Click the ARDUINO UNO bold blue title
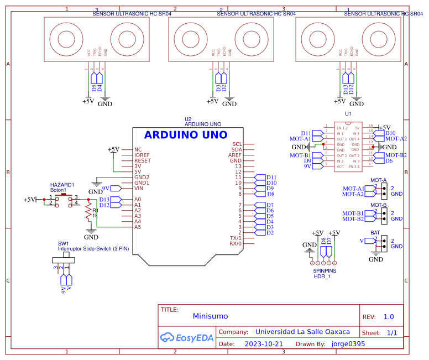click(185, 135)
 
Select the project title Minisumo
click(210, 317)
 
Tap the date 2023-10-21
click(264, 343)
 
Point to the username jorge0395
click(348, 343)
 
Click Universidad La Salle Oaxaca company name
click(302, 332)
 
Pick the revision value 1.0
click(389, 317)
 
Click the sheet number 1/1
click(392, 333)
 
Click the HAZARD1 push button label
click(62, 185)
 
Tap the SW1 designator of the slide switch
click(64, 243)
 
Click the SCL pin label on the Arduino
click(237, 144)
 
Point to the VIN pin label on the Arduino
click(139, 188)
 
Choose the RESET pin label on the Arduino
click(143, 160)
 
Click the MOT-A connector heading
click(379, 180)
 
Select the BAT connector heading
click(375, 233)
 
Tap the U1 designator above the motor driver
click(348, 113)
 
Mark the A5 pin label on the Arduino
click(138, 227)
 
